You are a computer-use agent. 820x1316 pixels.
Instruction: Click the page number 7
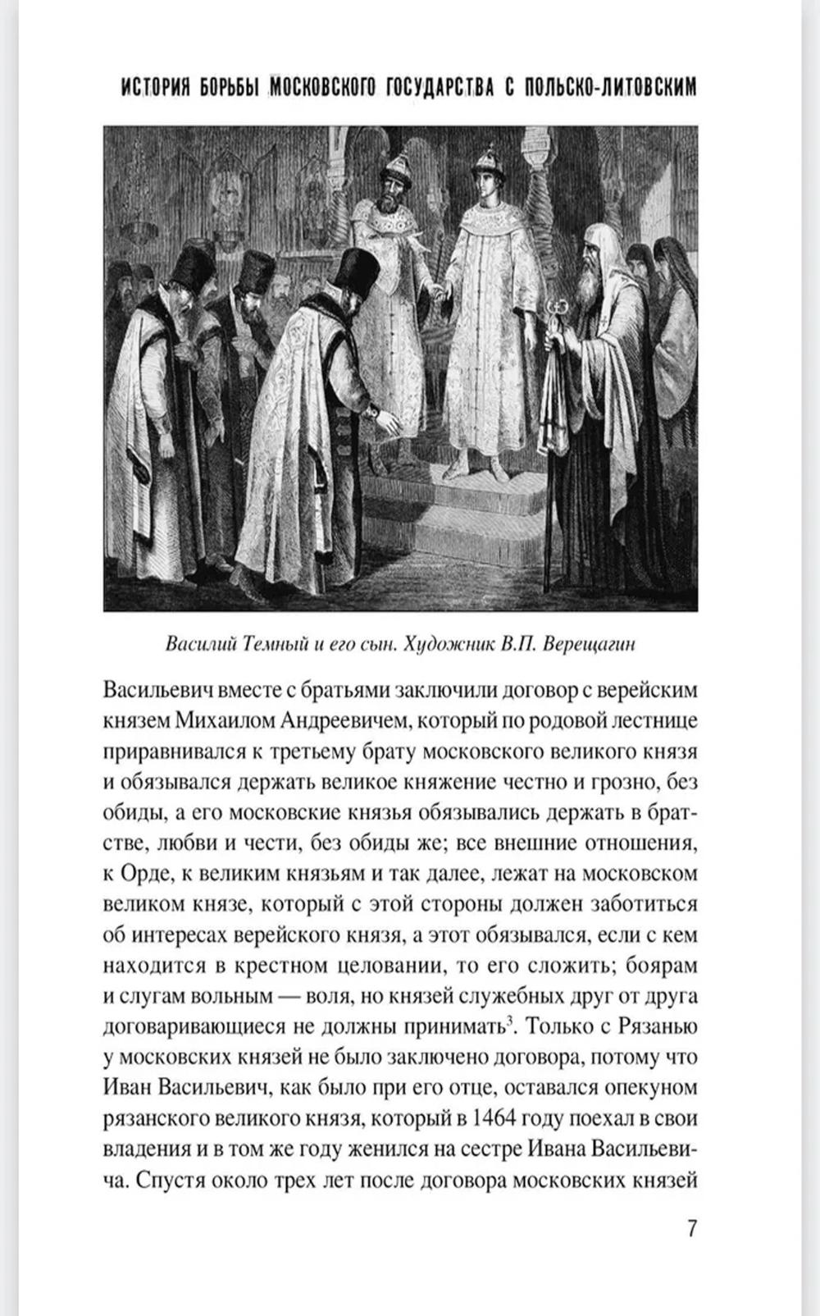(x=690, y=1228)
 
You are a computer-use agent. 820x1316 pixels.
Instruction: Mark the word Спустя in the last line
(x=170, y=1181)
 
